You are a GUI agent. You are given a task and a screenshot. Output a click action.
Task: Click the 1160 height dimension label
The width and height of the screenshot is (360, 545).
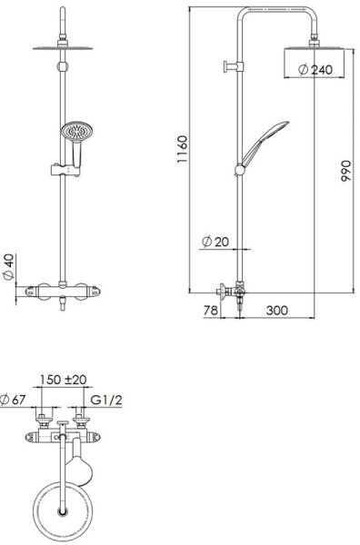click(182, 147)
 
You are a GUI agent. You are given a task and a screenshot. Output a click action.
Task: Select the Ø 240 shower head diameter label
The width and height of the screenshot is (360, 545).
click(315, 69)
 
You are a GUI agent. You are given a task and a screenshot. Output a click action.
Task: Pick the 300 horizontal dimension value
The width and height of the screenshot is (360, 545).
click(276, 311)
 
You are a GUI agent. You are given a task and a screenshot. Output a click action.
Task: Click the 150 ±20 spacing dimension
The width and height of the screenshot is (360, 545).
click(63, 380)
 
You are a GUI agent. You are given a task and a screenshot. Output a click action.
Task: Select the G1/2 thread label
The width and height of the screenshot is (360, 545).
click(107, 400)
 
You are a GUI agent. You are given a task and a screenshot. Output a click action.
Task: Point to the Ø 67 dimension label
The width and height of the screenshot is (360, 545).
click(12, 400)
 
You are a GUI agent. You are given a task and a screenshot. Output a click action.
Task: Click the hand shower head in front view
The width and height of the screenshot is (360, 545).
click(73, 134)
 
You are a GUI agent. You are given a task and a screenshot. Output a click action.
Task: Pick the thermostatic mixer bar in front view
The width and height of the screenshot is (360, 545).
click(63, 291)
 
